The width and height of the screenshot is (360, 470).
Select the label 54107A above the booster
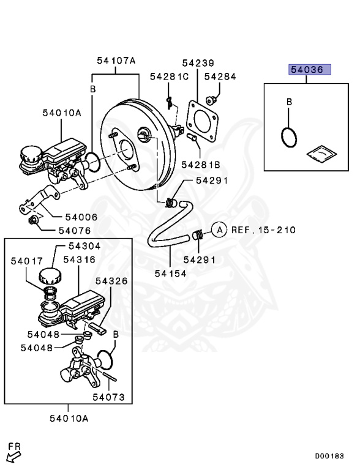coord(116,61)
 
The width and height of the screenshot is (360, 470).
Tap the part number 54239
coord(198,63)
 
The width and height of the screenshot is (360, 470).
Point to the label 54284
coord(220,76)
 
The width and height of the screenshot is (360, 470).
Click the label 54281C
coord(169,76)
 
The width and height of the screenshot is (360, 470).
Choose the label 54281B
coord(201,165)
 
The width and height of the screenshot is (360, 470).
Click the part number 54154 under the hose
coord(170,274)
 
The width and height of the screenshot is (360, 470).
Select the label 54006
coord(81,217)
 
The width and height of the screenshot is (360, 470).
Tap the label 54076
coord(75,231)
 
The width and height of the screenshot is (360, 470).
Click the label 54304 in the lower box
coord(84,246)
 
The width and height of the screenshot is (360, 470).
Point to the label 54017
coord(27,261)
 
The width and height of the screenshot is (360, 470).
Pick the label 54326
coord(111,281)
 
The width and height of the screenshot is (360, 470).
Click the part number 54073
coord(108,397)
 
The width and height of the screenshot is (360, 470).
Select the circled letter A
coord(220,230)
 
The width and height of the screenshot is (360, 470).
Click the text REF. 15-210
coord(263,230)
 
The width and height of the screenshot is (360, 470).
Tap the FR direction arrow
coord(13,457)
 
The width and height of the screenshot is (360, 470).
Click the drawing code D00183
coord(329,456)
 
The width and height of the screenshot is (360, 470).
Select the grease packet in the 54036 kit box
coord(321,154)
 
